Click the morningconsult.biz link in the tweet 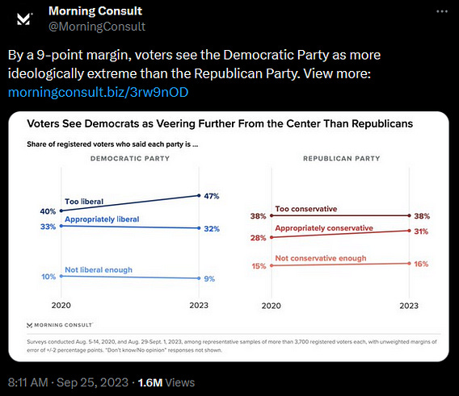tap(98, 92)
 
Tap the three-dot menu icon tap(442, 11)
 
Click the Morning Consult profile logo tap(24, 19)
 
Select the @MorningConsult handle tap(97, 27)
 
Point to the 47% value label tap(212, 196)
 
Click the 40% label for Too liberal tap(48, 211)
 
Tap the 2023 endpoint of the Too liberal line tap(199, 195)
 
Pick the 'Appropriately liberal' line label tap(102, 219)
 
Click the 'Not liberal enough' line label tap(99, 269)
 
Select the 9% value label tap(209, 279)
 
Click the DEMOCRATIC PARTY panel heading tap(130, 158)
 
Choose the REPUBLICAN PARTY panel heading tap(342, 158)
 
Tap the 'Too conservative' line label tap(306, 209)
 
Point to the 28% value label tap(259, 238)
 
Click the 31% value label tap(421, 231)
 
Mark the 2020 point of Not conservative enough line tap(272, 265)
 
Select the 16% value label tap(421, 264)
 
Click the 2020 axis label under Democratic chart tap(61, 306)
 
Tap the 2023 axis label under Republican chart tap(409, 306)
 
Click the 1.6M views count tap(149, 382)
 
